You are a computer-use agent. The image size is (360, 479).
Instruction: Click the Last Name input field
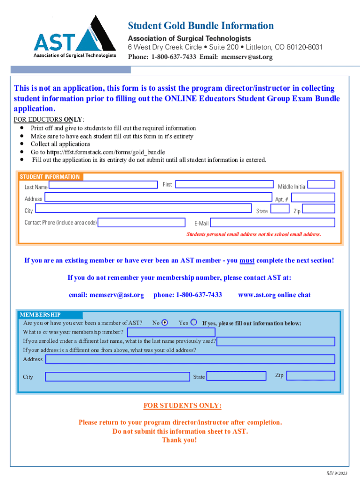pyautogui.click(x=103, y=185)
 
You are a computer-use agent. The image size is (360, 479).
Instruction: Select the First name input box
pyautogui.click(x=224, y=185)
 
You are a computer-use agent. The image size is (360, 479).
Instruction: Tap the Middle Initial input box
pyautogui.click(x=321, y=185)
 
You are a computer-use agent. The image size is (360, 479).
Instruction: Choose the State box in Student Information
pyautogui.click(x=280, y=209)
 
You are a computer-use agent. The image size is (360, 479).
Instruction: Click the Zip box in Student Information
pyautogui.click(x=319, y=209)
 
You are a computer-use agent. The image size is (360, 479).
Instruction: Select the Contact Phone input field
pyautogui.click(x=144, y=222)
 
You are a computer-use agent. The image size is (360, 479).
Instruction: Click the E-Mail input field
pyautogui.click(x=273, y=222)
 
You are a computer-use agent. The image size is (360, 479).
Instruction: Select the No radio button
pyautogui.click(x=165, y=323)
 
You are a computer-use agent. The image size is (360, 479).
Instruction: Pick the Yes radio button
pyautogui.click(x=194, y=322)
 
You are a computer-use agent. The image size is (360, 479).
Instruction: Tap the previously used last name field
pyautogui.click(x=276, y=341)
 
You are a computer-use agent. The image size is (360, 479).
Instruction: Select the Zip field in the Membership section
pyautogui.click(x=310, y=376)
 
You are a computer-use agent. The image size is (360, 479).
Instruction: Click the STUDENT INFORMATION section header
pyautogui.click(x=50, y=177)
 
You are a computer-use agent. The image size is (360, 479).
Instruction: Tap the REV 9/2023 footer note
pyautogui.click(x=337, y=473)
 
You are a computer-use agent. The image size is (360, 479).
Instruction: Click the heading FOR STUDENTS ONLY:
pyautogui.click(x=182, y=406)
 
